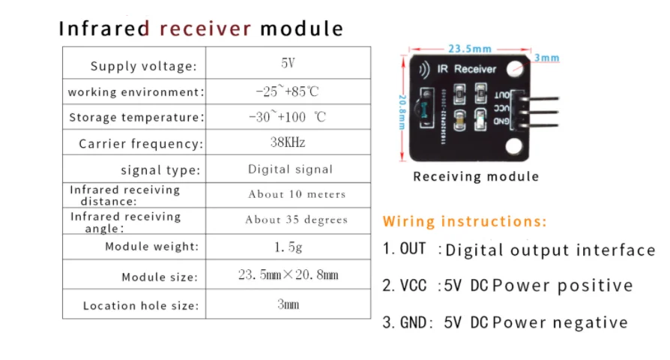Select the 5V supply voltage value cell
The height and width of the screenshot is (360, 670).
coord(288,64)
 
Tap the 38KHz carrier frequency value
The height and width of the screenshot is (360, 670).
coord(288,142)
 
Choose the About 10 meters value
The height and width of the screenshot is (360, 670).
coord(297,194)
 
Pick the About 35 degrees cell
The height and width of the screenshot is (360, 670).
coord(296,220)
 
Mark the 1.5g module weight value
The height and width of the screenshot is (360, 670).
coord(289,246)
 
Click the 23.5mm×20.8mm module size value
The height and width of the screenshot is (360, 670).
coord(289,275)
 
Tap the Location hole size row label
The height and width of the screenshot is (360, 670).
coord(141,306)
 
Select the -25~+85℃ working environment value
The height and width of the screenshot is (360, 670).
coord(287,91)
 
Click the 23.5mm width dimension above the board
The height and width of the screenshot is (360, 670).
coord(470,49)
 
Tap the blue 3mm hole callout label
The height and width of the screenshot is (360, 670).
coord(547,58)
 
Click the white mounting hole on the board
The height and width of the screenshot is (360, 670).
coord(513,69)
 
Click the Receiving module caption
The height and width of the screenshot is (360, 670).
coord(476,177)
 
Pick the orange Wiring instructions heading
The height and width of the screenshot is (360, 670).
coord(465,221)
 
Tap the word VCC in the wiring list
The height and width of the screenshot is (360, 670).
coord(413,285)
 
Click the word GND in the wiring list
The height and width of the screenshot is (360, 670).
coord(414,322)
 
